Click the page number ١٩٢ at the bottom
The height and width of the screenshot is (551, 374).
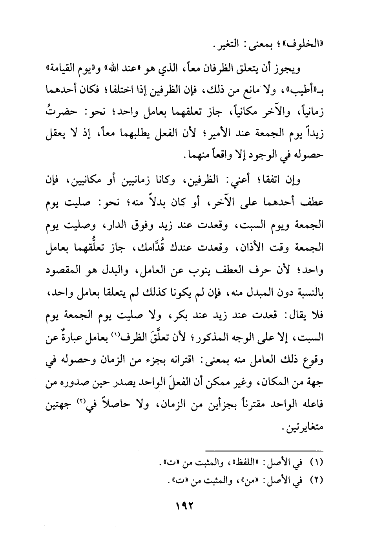(x=186, y=505)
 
